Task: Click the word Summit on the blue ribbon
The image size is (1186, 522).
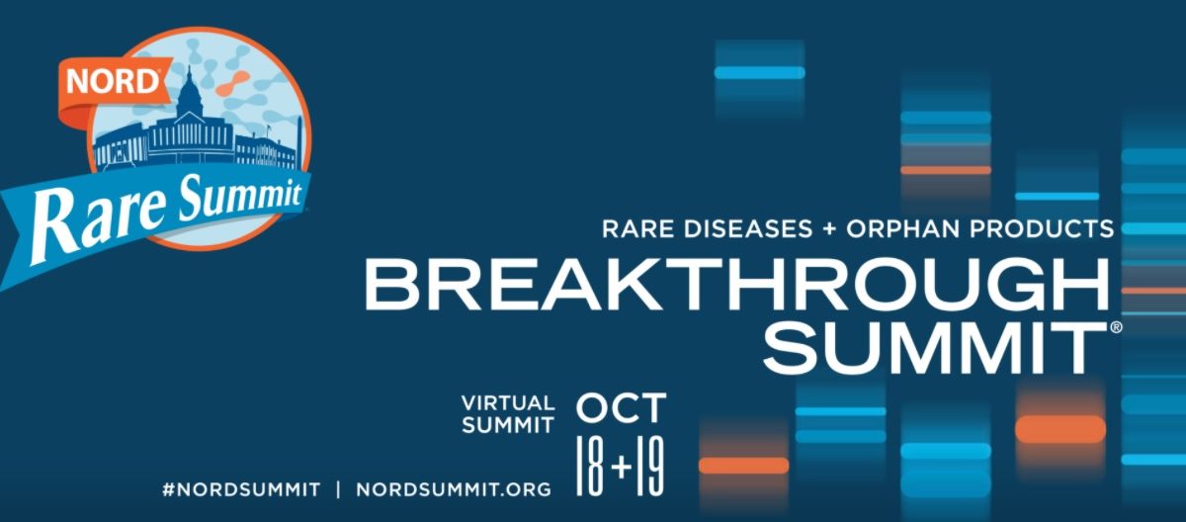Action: click(x=238, y=196)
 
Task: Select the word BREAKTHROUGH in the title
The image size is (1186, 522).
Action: click(x=736, y=285)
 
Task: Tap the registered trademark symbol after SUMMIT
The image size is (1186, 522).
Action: click(x=1116, y=327)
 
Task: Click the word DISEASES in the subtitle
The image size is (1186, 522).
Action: click(x=748, y=228)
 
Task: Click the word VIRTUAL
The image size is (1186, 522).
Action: click(x=508, y=403)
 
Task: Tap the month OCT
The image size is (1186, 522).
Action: click(x=621, y=407)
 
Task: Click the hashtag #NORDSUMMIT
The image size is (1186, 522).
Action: click(x=241, y=489)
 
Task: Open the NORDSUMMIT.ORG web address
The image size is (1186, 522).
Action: click(x=454, y=489)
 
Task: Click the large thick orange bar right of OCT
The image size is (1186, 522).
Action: click(x=1060, y=429)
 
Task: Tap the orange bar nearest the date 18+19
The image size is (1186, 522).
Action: click(x=744, y=466)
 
